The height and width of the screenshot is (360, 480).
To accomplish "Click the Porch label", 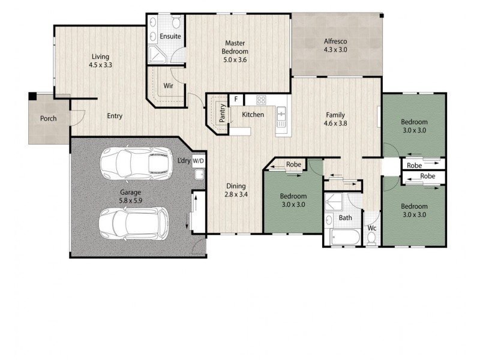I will click(49, 119).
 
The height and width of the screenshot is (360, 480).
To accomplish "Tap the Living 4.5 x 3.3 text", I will click(100, 61).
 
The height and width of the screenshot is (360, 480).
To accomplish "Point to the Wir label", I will click(169, 86).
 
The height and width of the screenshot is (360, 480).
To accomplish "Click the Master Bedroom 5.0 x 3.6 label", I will click(234, 51).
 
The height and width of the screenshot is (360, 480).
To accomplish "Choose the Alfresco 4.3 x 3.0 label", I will click(335, 46).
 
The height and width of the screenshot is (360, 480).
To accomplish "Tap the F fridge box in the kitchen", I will click(236, 99).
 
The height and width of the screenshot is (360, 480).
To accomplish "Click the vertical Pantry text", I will click(222, 114).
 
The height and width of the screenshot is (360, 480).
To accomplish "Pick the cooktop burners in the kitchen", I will click(261, 100).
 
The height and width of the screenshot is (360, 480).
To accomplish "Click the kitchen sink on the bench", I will click(281, 114).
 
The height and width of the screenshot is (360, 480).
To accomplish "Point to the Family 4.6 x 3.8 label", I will click(335, 119).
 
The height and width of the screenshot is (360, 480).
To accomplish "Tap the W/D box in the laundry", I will click(199, 161).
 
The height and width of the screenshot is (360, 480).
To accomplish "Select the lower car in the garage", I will click(134, 223).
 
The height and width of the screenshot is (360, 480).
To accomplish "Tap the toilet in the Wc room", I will click(371, 238).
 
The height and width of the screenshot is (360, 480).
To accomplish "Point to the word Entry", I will click(115, 116).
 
